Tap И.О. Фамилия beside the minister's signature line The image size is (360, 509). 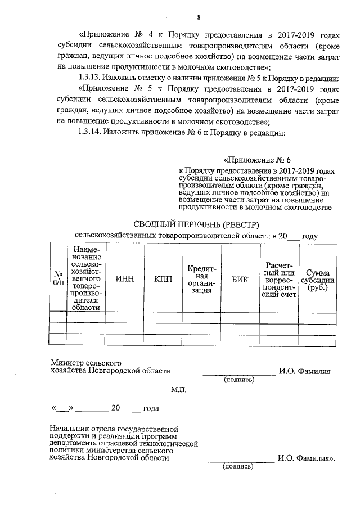tap(304, 371)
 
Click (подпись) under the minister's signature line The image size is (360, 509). tap(239, 380)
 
